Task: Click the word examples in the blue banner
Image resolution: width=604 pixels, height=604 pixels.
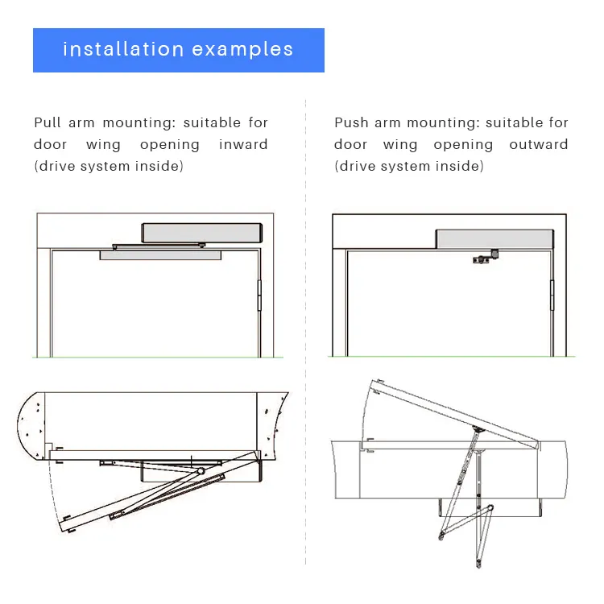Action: coord(243,50)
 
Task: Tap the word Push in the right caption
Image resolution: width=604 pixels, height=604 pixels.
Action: coord(351,123)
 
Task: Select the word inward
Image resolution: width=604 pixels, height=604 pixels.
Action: coord(243,145)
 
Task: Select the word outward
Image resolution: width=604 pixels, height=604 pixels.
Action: coord(538,145)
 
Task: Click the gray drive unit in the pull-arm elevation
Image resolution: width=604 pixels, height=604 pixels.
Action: coord(202,233)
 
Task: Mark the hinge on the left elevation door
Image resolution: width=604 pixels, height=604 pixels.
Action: coord(260,295)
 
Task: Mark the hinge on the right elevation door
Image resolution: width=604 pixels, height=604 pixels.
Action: coord(552,295)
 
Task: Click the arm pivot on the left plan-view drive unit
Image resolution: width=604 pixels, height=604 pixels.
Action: coord(198,469)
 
